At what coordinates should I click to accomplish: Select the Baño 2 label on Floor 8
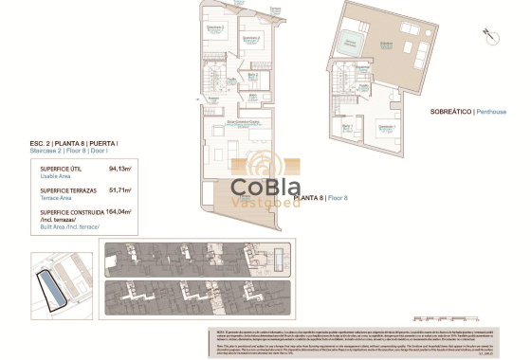tap(253, 75)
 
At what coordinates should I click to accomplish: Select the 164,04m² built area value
tap(119, 212)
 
